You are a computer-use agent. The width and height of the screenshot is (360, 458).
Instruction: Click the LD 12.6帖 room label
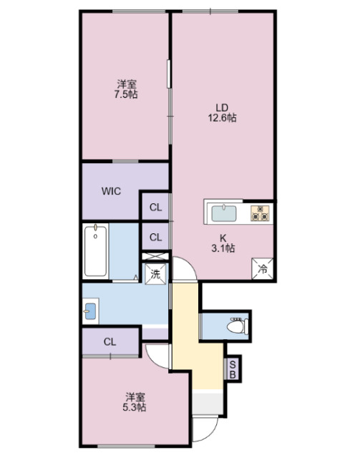pyautogui.click(x=223, y=113)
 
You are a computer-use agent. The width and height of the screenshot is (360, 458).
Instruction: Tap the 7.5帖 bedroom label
pyautogui.click(x=126, y=88)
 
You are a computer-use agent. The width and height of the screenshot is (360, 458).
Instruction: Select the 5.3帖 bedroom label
pyautogui.click(x=136, y=402)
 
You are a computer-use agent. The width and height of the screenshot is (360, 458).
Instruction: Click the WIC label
pyautogui.click(x=111, y=191)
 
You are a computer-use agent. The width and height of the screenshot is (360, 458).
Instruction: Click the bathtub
pyautogui.click(x=96, y=250)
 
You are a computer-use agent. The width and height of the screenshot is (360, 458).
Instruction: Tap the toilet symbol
pyautogui.click(x=234, y=326)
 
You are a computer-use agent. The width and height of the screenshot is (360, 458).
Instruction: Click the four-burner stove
pyautogui.click(x=259, y=213)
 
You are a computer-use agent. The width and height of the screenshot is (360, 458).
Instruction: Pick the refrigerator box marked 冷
pyautogui.click(x=263, y=269)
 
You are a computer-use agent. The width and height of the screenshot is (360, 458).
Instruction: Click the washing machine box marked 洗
pyautogui.click(x=155, y=273)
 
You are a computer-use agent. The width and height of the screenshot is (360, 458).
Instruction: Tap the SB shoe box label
pyautogui.click(x=233, y=369)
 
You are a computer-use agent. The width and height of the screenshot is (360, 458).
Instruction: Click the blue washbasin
pyautogui.click(x=89, y=311)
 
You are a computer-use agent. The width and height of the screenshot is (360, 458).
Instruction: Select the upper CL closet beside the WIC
pyautogui.click(x=155, y=208)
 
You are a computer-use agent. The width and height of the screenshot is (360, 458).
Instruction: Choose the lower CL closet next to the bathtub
pyautogui.click(x=155, y=237)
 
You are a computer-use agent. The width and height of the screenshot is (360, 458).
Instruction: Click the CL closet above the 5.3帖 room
pyautogui.click(x=110, y=341)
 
